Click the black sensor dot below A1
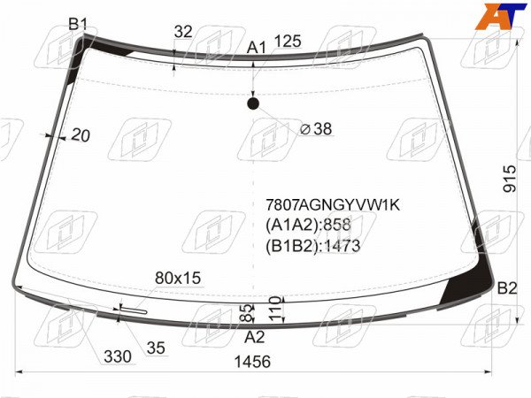253,103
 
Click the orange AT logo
501,16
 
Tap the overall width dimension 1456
252,362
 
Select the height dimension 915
510,179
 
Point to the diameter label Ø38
316,129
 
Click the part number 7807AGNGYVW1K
333,205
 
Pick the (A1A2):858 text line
308,225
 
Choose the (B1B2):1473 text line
312,246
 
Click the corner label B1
78,25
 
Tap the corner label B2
507,288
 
